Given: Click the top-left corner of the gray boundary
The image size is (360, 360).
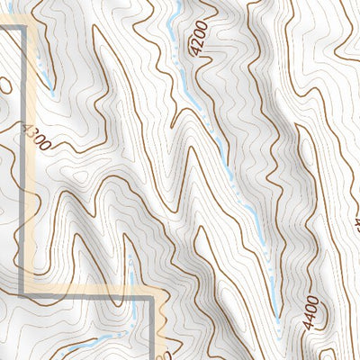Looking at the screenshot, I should [21, 29].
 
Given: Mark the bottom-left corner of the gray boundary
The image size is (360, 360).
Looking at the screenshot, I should [21, 292].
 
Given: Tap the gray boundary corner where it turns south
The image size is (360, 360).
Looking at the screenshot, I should [149, 293].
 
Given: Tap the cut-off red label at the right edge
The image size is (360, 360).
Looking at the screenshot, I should [356, 217].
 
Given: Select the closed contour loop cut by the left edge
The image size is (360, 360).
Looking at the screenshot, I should [4, 86].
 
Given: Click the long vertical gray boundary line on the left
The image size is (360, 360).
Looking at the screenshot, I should [21, 162].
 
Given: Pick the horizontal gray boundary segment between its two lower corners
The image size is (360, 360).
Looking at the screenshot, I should [85, 292].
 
